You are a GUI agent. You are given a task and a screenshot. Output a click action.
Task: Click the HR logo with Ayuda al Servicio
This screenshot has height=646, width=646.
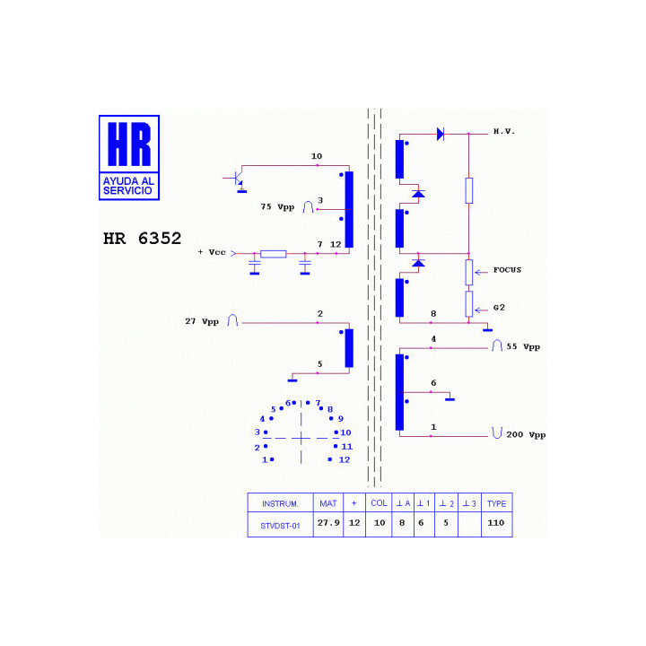pyautogui.click(x=129, y=158)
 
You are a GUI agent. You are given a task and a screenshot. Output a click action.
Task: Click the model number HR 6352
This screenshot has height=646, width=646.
pyautogui.click(x=142, y=239)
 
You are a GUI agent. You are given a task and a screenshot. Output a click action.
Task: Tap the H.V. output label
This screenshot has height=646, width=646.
pyautogui.click(x=504, y=131)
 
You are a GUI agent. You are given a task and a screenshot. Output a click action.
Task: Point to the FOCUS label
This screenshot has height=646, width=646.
pyautogui.click(x=507, y=270)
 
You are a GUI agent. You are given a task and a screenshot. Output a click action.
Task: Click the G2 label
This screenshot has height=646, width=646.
pyautogui.click(x=499, y=308)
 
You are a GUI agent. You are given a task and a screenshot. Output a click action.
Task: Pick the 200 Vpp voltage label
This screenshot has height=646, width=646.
pyautogui.click(x=526, y=435)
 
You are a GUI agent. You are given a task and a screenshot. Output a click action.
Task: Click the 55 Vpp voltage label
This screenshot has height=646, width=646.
pyautogui.click(x=523, y=347)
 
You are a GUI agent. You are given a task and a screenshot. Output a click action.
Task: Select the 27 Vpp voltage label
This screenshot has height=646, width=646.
pyautogui.click(x=202, y=321)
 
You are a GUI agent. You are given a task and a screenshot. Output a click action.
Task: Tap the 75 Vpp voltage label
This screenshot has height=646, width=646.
pyautogui.click(x=277, y=207)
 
